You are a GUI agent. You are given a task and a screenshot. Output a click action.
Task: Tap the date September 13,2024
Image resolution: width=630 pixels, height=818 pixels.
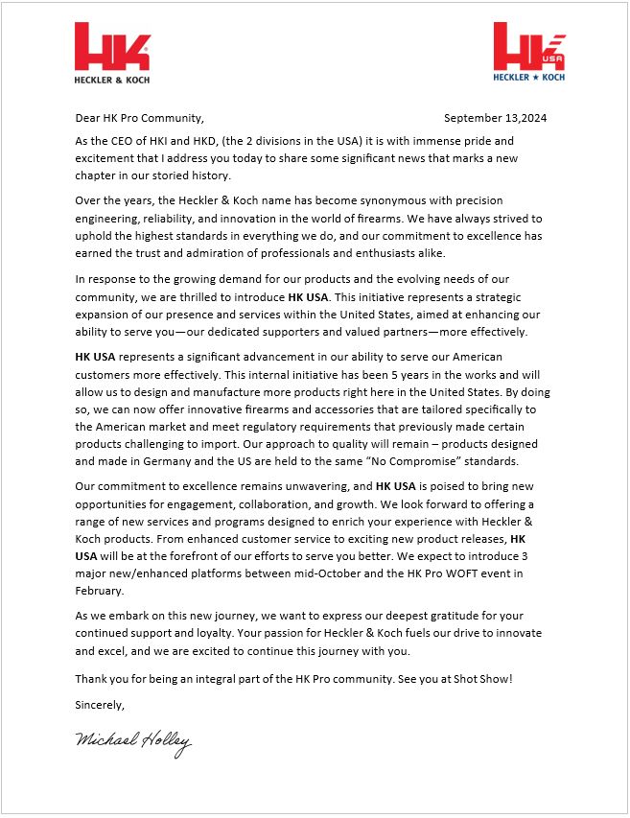(495, 119)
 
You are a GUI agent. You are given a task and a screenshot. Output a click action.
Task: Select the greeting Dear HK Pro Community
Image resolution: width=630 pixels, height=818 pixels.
(139, 119)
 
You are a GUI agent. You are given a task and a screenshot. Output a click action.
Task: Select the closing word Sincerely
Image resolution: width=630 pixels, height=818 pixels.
(99, 704)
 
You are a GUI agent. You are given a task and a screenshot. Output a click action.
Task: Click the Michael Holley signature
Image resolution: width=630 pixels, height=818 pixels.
(132, 742)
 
